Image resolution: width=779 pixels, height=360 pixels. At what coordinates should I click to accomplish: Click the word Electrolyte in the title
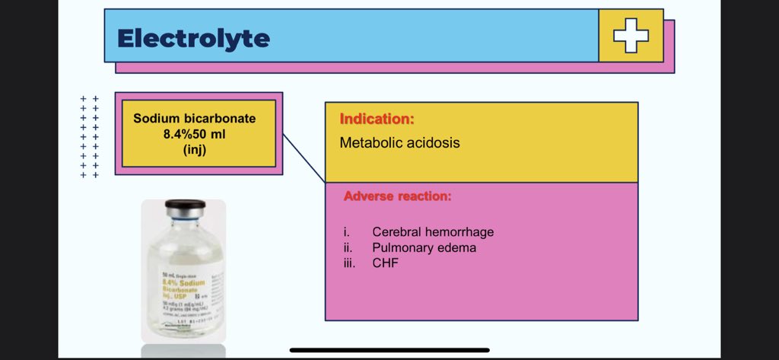tap(193, 37)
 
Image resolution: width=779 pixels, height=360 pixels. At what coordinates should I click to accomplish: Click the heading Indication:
tap(377, 119)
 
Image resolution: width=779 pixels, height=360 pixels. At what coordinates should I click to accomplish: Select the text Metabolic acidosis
tap(399, 142)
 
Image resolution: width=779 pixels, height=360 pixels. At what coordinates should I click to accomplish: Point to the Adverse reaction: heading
tap(397, 196)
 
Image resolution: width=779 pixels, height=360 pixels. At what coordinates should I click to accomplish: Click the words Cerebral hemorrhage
tap(433, 232)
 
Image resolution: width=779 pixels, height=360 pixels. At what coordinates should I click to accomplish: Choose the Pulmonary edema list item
tap(424, 247)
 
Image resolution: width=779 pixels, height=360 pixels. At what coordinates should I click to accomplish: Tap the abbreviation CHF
tap(385, 263)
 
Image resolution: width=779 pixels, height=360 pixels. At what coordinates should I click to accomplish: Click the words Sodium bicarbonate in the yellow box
tap(195, 119)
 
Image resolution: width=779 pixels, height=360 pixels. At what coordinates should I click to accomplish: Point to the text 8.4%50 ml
tap(195, 134)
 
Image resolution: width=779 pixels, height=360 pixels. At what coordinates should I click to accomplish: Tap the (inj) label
tap(195, 149)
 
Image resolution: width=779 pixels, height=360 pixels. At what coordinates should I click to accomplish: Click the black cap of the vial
tap(185, 206)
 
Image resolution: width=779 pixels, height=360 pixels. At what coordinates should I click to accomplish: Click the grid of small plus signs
tap(90, 137)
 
